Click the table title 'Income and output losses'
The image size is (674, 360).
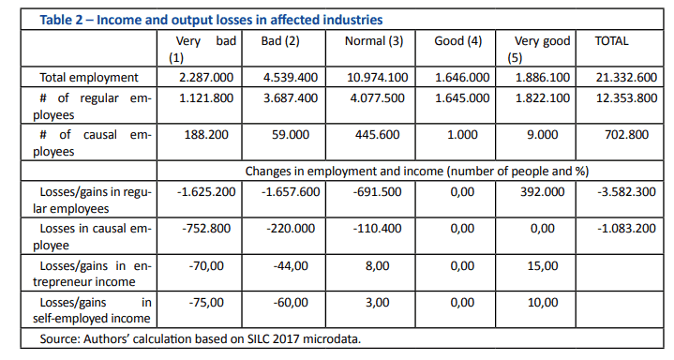click(x=211, y=20)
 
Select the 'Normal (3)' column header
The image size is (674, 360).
click(x=374, y=41)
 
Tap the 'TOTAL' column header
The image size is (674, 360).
click(x=611, y=41)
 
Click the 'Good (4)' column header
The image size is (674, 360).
click(x=457, y=41)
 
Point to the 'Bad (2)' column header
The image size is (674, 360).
click(x=280, y=41)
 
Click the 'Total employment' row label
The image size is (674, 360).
click(x=89, y=78)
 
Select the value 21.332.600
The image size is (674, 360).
click(x=626, y=78)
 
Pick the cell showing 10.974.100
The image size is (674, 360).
click(x=378, y=78)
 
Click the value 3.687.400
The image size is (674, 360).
click(x=291, y=98)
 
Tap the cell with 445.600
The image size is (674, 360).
click(x=378, y=135)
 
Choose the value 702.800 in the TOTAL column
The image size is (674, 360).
click(x=626, y=135)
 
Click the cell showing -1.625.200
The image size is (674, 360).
click(x=206, y=192)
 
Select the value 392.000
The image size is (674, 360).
click(x=543, y=192)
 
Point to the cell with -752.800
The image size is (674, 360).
click(x=206, y=229)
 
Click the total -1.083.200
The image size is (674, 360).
click(x=626, y=229)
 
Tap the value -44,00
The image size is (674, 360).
click(x=291, y=266)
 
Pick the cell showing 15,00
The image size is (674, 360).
click(x=543, y=266)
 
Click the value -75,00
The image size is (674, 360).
click(x=206, y=303)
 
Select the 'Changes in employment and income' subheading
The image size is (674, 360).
click(x=417, y=172)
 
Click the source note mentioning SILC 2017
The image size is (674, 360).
click(x=201, y=339)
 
